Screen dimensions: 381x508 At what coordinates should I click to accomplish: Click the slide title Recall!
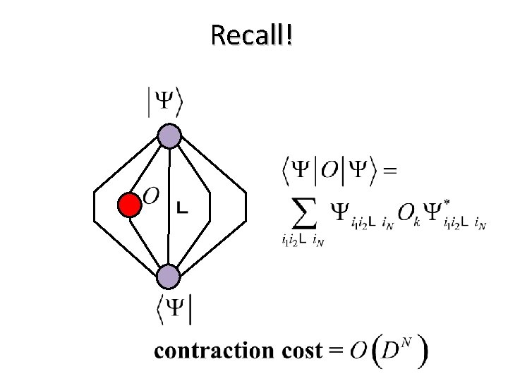251,34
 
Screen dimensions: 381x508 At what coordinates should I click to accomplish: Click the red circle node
129,205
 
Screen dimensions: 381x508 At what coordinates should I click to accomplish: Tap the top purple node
169,135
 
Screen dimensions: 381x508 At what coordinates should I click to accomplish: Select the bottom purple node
169,276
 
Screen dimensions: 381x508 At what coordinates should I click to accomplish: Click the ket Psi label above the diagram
165,103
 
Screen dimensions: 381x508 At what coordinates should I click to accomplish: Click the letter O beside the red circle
151,194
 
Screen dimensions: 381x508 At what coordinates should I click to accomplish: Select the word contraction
210,351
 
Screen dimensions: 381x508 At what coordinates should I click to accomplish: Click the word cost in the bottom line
297,351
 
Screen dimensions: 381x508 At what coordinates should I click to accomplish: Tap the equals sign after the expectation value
388,170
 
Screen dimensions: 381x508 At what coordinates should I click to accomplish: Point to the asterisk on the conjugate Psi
447,200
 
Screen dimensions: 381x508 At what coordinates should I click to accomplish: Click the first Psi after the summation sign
341,210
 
